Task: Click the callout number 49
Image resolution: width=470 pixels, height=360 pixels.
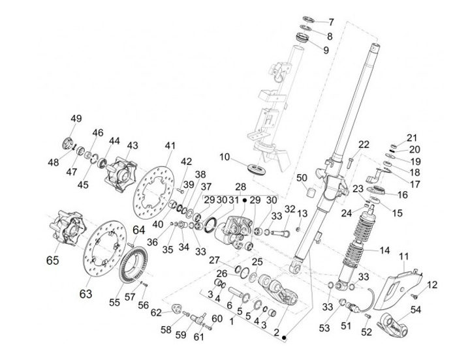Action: pos(76,119)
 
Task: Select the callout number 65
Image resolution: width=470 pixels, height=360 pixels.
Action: pos(52,260)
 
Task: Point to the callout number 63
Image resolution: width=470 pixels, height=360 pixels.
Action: pos(86,293)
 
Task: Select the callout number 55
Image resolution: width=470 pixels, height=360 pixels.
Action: pos(114,303)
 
